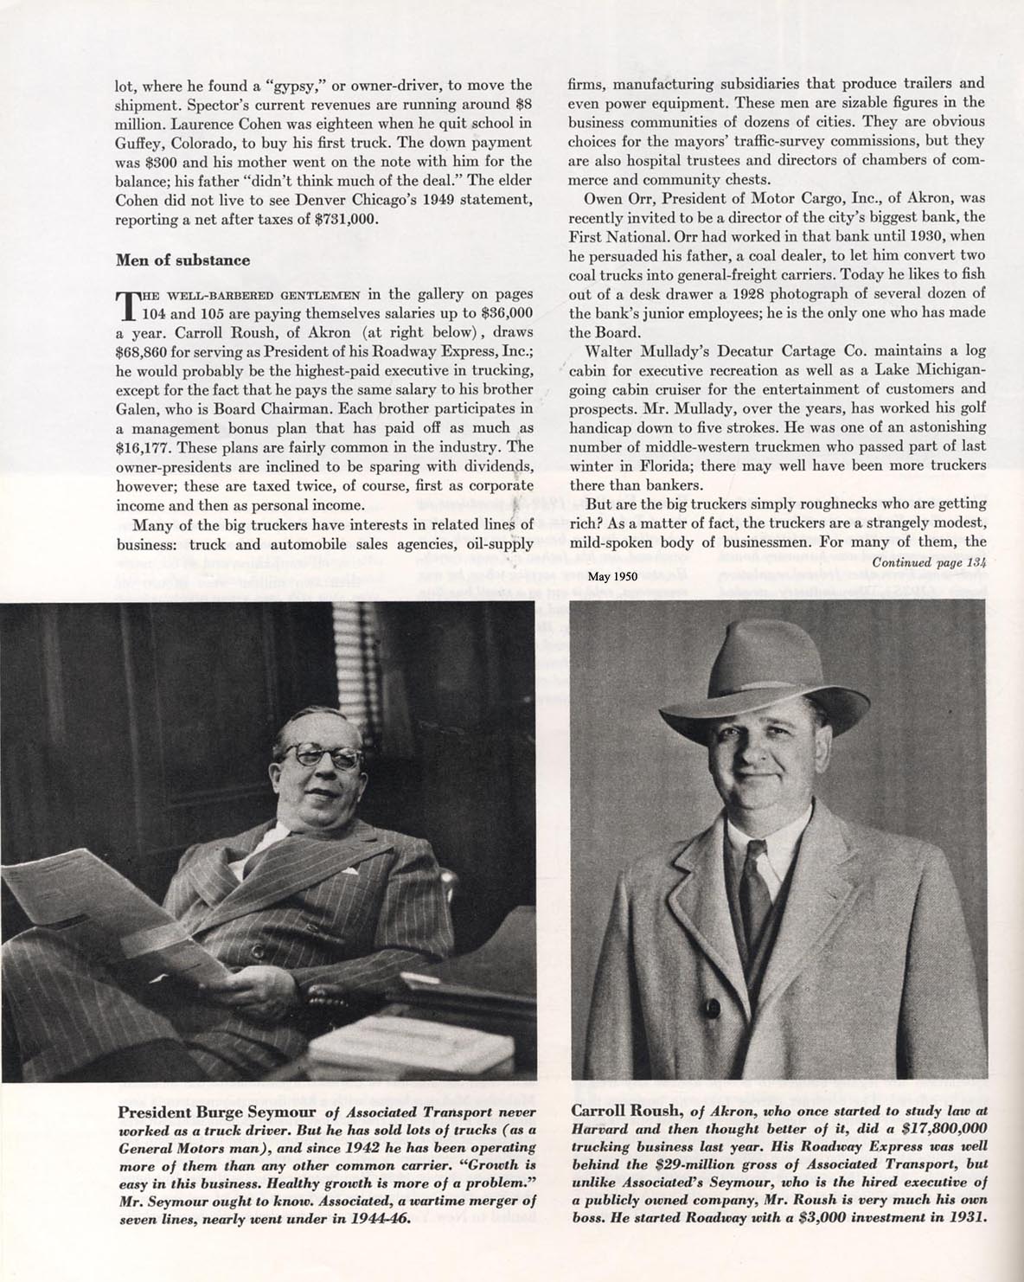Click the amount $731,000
[342, 219]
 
